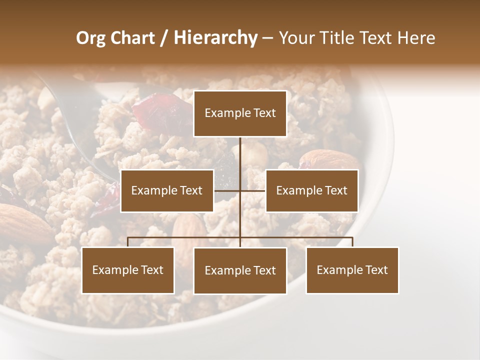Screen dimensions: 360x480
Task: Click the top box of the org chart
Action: [240, 113]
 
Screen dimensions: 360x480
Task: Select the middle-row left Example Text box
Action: [167, 190]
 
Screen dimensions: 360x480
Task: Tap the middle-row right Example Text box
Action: [311, 190]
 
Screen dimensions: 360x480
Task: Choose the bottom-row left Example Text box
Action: [128, 270]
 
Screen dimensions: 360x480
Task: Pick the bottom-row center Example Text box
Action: [240, 270]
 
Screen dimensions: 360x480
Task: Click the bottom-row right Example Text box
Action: [352, 270]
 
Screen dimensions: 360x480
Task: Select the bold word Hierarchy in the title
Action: [215, 38]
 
